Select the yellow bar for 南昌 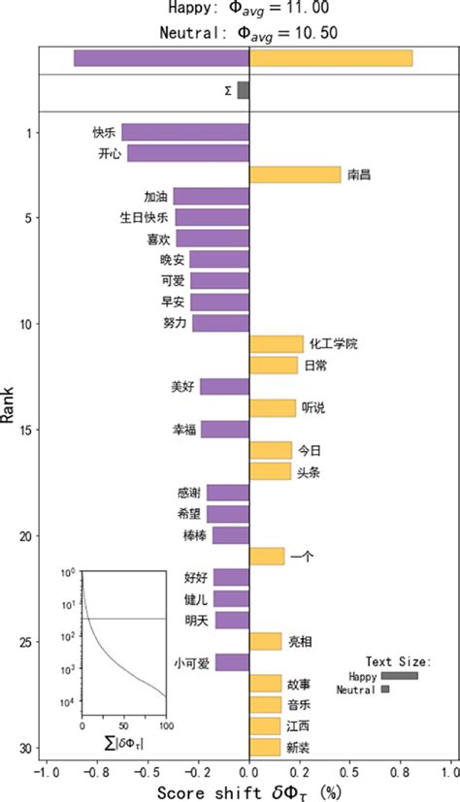click(x=295, y=175)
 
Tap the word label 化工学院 click(x=334, y=344)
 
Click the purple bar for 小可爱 click(x=232, y=663)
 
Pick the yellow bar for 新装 click(x=265, y=748)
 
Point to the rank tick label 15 click(x=25, y=430)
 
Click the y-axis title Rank click(x=9, y=402)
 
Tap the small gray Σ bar click(x=243, y=90)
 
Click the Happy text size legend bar click(x=399, y=676)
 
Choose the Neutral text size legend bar click(x=385, y=690)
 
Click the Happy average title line click(x=229, y=9)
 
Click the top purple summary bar click(x=161, y=58)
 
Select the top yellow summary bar click(x=331, y=58)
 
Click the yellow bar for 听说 click(x=273, y=408)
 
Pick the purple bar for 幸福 click(x=225, y=430)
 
